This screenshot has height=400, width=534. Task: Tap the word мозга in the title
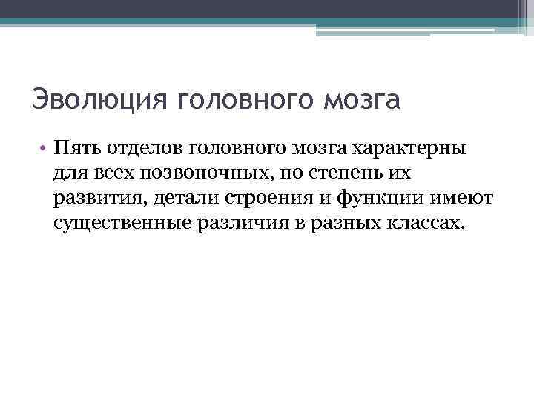[363, 99]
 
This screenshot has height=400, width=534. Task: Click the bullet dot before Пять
[44, 148]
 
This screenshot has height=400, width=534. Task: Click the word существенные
[122, 223]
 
